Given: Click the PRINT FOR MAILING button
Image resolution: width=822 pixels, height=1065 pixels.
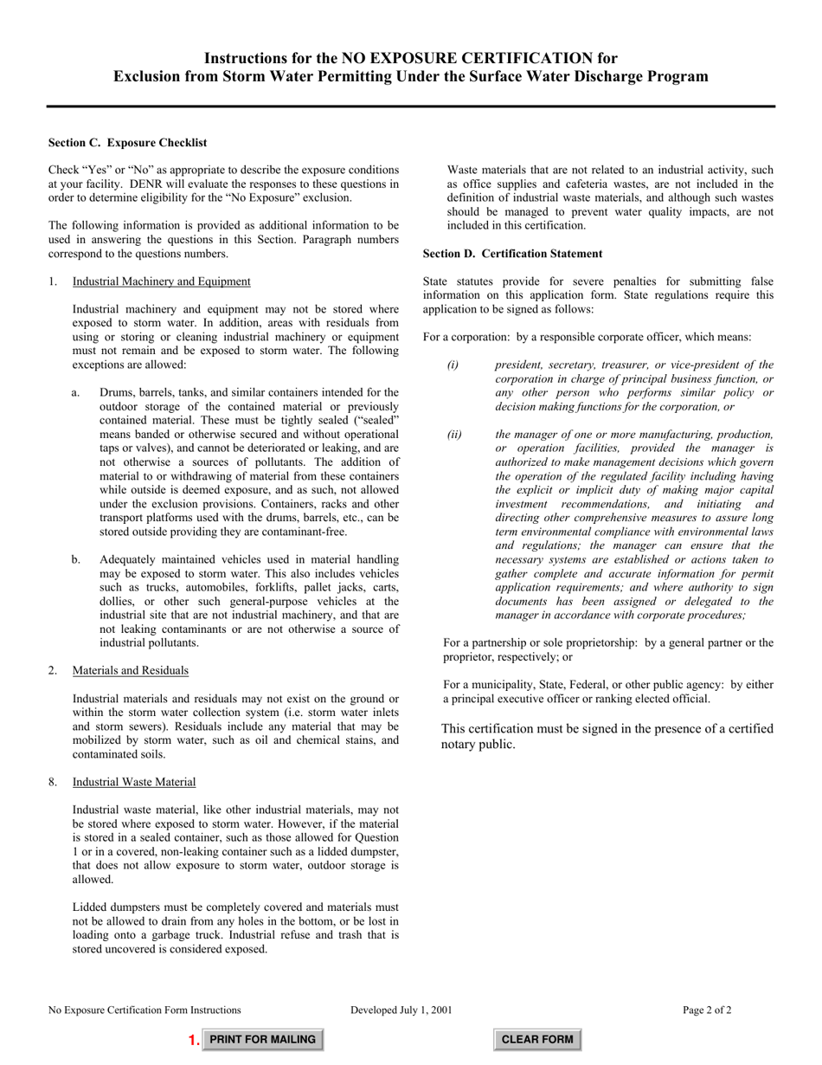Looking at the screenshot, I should [x=263, y=1039].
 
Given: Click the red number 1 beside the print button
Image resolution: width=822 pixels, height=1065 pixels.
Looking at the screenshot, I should [x=194, y=1040].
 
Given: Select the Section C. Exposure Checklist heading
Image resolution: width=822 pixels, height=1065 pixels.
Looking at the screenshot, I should [x=127, y=143].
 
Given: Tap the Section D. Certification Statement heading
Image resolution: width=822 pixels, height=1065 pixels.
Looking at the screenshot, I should [x=512, y=254].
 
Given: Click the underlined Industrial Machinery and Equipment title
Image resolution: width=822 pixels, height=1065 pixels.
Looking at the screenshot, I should [x=162, y=281].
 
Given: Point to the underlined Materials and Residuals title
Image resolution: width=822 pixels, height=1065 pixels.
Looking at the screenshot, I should [x=131, y=670].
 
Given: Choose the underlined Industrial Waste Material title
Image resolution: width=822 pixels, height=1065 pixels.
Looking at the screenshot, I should [x=134, y=782].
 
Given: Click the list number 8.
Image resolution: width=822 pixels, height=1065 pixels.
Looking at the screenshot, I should [x=53, y=782].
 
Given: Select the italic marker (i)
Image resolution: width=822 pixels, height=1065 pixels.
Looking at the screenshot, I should [x=453, y=365].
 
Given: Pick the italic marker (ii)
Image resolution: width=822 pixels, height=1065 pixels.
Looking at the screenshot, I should [x=455, y=435].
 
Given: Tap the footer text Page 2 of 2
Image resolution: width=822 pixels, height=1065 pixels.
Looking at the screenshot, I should [x=707, y=1010].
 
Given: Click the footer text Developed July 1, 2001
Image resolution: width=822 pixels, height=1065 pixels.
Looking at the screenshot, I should [x=401, y=1010].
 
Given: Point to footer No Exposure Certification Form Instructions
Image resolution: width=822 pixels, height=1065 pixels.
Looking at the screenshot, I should [x=144, y=1010].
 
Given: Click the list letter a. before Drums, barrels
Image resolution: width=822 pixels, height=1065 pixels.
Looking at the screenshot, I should [x=76, y=393].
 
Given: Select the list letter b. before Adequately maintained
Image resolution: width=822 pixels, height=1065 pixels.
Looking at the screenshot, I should [x=76, y=559].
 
